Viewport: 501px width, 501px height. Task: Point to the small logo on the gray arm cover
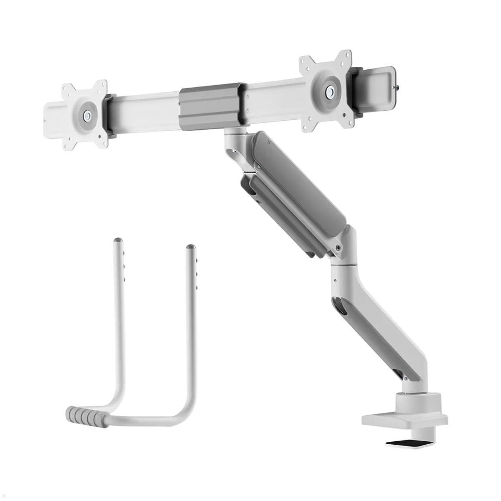pyautogui.click(x=271, y=142)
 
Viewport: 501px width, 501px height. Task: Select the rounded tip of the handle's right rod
pyautogui.click(x=191, y=247)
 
